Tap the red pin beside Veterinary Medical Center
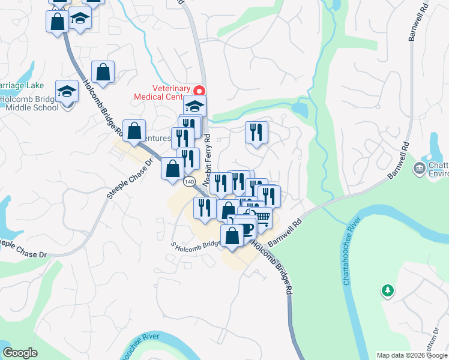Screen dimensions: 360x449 [x=201, y=89]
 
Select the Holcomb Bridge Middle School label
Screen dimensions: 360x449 [x=29, y=104]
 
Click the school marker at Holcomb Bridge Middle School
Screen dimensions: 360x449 [x=67, y=92]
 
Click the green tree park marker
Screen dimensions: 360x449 [x=388, y=291]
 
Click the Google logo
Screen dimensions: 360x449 [x=20, y=353]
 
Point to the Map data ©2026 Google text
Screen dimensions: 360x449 [x=412, y=355]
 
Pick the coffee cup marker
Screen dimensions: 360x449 [x=246, y=226]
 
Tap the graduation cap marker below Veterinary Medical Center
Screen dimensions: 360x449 [x=194, y=106]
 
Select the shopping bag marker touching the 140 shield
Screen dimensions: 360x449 [x=173, y=169]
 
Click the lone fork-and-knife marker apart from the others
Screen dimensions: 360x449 [x=256, y=132]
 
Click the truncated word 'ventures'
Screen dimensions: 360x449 [x=156, y=139]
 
